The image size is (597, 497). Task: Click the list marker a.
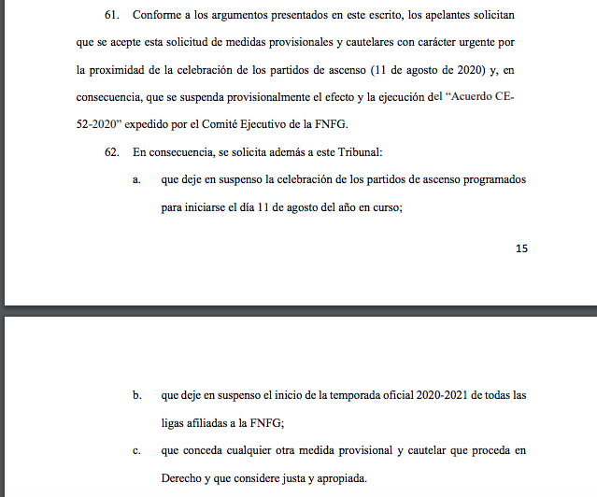click(136, 179)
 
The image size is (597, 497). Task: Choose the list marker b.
click(136, 395)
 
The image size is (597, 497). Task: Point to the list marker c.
click(136, 452)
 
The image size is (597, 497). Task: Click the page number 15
click(521, 248)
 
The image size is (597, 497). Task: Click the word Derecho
click(183, 479)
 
